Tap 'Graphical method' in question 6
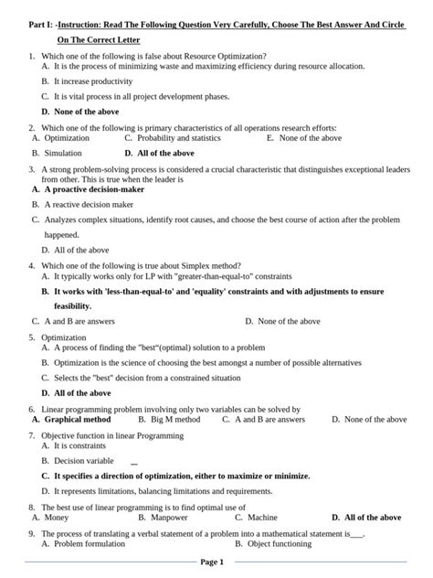pyautogui.click(x=78, y=420)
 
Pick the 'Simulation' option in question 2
pyautogui.click(x=63, y=154)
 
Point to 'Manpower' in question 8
pyautogui.click(x=172, y=518)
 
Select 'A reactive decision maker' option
pyautogui.click(x=92, y=205)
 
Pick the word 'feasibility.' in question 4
pyautogui.click(x=79, y=305)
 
